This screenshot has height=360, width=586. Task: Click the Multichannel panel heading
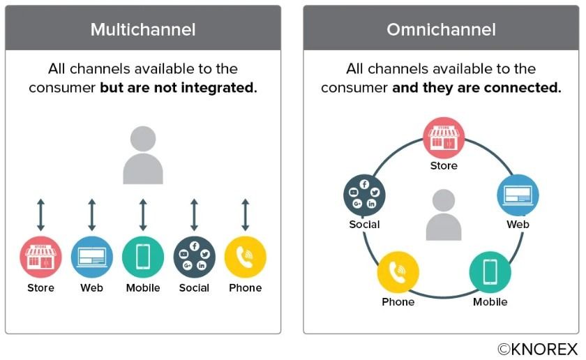pyautogui.click(x=143, y=29)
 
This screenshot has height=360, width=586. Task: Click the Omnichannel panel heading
pyautogui.click(x=441, y=29)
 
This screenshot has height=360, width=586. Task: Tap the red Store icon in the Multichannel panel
pyautogui.click(x=40, y=257)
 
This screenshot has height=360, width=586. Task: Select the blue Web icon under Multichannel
pyautogui.click(x=92, y=257)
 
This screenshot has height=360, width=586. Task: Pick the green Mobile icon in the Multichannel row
pyautogui.click(x=143, y=257)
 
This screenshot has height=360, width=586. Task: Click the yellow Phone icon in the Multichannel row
pyautogui.click(x=245, y=257)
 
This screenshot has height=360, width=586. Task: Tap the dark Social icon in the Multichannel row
pyautogui.click(x=195, y=257)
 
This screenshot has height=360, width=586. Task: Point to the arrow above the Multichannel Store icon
pyautogui.click(x=40, y=215)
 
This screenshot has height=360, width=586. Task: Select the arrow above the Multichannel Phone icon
pyautogui.click(x=245, y=215)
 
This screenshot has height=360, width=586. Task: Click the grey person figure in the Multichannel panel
pyautogui.click(x=143, y=155)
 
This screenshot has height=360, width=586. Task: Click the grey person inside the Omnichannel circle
pyautogui.click(x=444, y=215)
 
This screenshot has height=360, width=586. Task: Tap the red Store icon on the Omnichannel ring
pyautogui.click(x=444, y=138)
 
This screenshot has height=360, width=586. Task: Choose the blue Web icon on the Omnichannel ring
pyautogui.click(x=518, y=195)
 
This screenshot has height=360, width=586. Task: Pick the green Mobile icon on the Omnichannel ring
pyautogui.click(x=490, y=272)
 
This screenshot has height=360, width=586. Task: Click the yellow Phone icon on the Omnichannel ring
pyautogui.click(x=398, y=272)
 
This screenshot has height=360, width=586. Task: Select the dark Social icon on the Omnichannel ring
pyautogui.click(x=364, y=195)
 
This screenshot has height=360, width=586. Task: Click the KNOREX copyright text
pyautogui.click(x=538, y=350)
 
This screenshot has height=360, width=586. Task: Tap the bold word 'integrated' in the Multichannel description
pyautogui.click(x=218, y=88)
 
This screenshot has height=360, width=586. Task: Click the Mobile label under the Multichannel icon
pyautogui.click(x=143, y=288)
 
